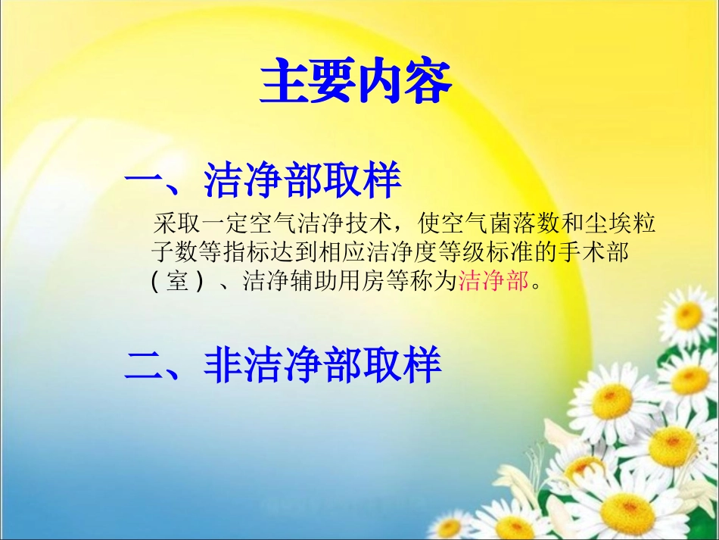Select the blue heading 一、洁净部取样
(x=262, y=182)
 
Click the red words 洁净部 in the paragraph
(x=493, y=282)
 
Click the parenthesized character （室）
(x=176, y=282)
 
